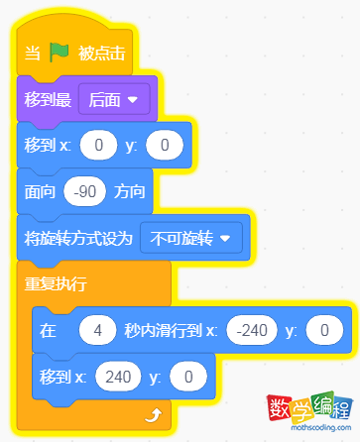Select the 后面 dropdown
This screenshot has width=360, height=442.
[x=112, y=99]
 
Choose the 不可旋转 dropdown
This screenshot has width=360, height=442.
[x=192, y=238]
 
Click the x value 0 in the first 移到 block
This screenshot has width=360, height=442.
[x=98, y=147]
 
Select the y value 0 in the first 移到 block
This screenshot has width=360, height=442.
[x=165, y=147]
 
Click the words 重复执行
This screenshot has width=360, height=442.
[x=56, y=284]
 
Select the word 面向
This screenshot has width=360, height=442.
[x=41, y=192]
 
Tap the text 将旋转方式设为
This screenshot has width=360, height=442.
[x=77, y=238]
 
